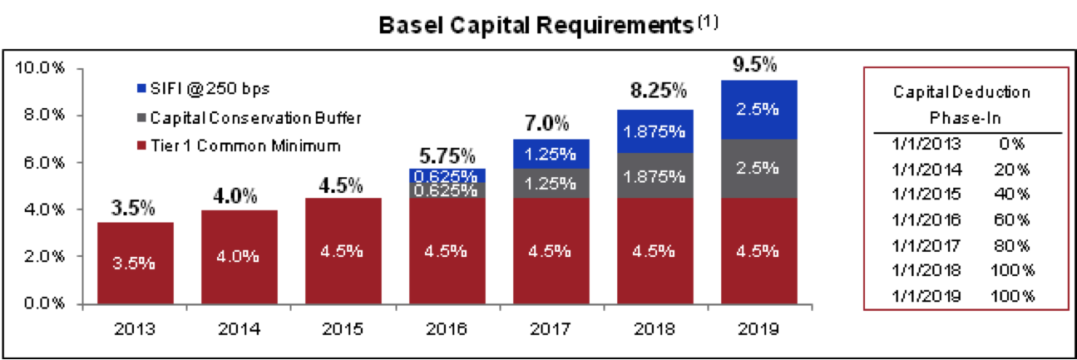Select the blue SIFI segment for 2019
click(756, 109)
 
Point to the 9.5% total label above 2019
click(755, 64)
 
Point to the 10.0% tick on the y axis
click(38, 68)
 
